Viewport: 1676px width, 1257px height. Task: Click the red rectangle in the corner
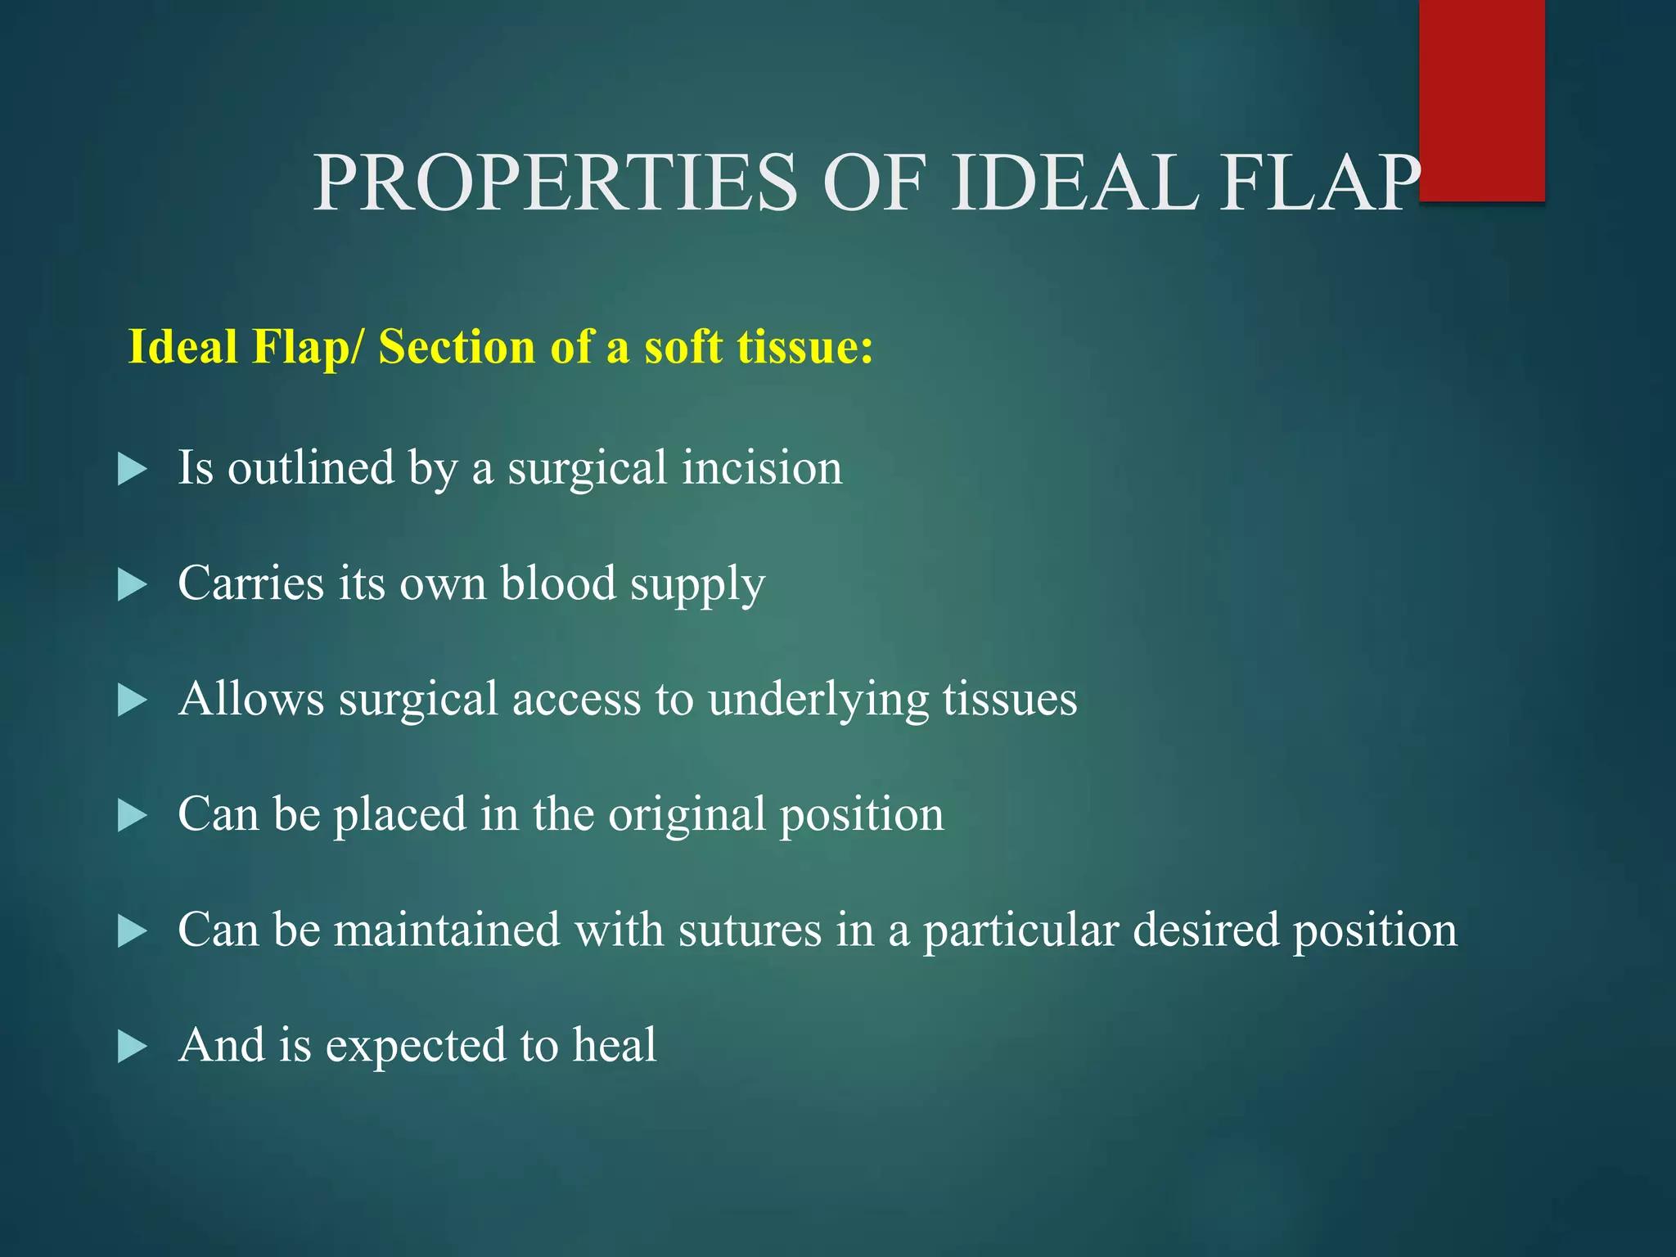(1481, 100)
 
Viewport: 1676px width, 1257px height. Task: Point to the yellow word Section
(457, 346)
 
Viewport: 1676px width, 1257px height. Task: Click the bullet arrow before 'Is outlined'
(132, 470)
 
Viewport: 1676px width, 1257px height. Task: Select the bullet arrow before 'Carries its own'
(132, 585)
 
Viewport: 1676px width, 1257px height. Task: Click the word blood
(558, 583)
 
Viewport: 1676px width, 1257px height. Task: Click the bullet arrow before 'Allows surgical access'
(132, 701)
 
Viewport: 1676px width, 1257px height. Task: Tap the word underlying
(818, 701)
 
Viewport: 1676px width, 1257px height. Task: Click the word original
(687, 816)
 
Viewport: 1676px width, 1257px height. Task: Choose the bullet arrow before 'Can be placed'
(132, 816)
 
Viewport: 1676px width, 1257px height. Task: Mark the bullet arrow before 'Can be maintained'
(132, 931)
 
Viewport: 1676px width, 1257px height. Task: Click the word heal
(614, 1045)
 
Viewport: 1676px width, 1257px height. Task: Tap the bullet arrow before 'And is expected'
(132, 1047)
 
